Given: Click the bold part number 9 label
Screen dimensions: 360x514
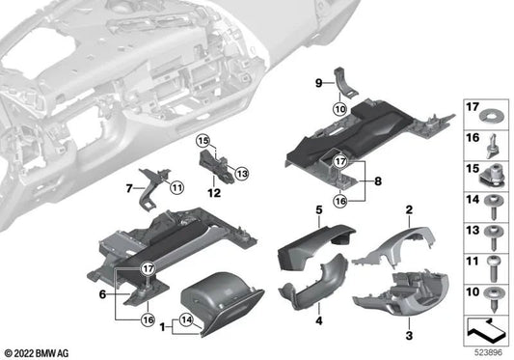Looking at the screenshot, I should click(x=317, y=84).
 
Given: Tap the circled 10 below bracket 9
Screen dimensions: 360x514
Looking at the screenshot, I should click(x=339, y=110).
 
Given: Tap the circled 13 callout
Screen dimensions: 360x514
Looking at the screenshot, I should click(x=241, y=173).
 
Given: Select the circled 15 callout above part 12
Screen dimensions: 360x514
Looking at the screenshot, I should click(x=204, y=142).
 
